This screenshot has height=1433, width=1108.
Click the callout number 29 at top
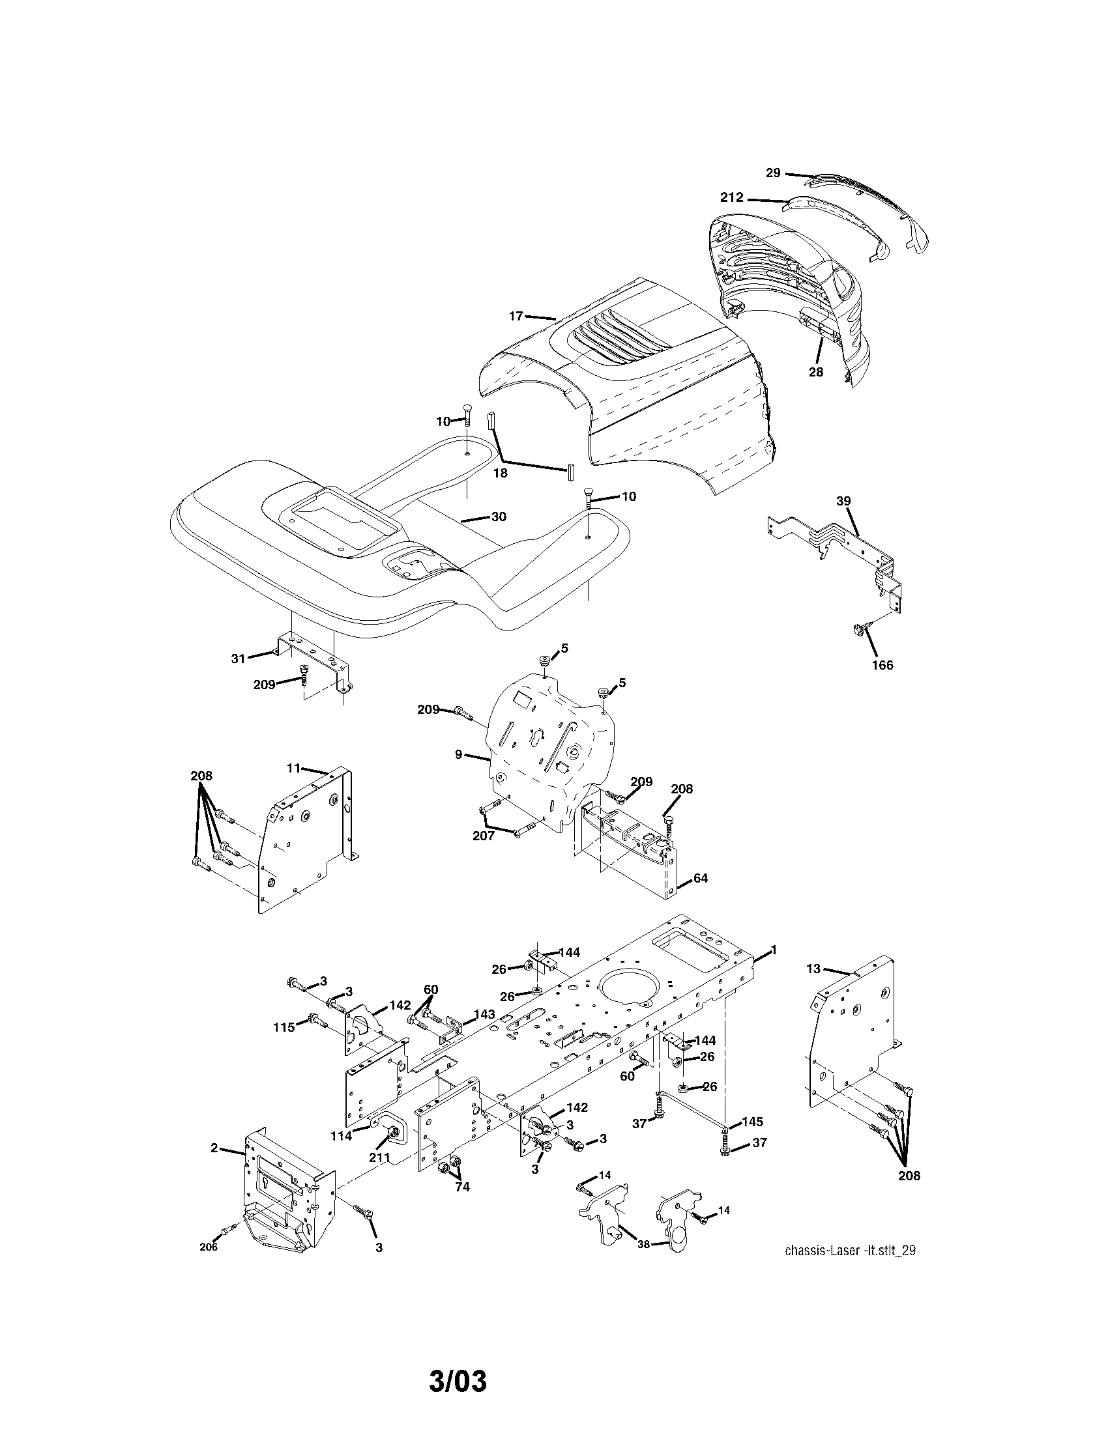tap(772, 173)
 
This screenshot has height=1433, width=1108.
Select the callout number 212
tap(731, 197)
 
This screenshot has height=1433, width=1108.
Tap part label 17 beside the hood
tap(516, 317)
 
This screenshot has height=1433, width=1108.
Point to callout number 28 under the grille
tap(815, 371)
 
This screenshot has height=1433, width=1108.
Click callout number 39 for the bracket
tap(843, 501)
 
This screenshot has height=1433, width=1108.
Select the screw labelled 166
tap(882, 665)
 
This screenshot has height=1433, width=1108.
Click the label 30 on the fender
tap(498, 517)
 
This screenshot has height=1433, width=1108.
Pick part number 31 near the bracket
tap(238, 658)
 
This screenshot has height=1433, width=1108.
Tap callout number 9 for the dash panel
tap(459, 755)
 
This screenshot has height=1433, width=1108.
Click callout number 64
tap(701, 878)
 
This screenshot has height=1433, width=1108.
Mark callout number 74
tap(463, 1187)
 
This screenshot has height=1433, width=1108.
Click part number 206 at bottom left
tap(209, 1247)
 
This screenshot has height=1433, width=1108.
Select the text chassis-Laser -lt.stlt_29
tap(849, 1250)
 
